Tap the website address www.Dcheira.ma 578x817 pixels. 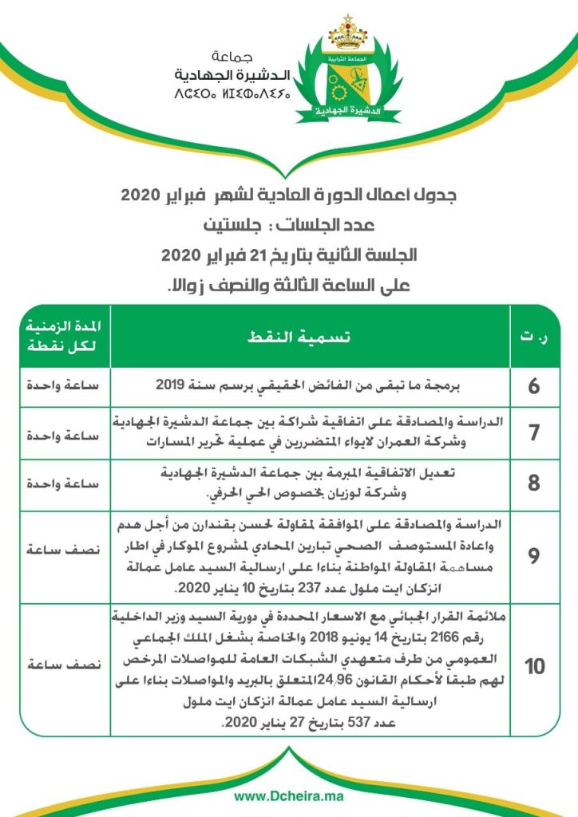pos(288,796)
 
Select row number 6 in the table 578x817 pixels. pos(534,387)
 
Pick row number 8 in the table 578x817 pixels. pos(534,483)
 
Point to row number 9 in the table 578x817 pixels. pos(534,556)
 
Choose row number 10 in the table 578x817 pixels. pos(534,666)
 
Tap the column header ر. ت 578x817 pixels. pos(534,337)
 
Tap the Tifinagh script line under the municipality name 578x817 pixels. pos(232,94)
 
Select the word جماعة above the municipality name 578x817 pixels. pos(236,57)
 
